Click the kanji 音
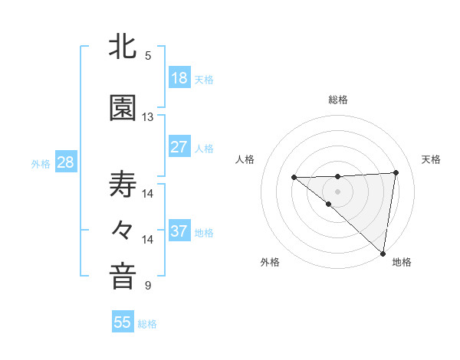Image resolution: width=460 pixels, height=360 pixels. (123, 277)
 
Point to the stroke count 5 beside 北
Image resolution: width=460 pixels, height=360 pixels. (148, 56)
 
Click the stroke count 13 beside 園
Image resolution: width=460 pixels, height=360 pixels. (148, 117)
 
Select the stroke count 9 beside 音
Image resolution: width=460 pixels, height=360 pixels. (148, 286)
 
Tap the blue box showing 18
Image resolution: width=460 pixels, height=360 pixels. (179, 78)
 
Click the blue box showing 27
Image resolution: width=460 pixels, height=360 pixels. (179, 146)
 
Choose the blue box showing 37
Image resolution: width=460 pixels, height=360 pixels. (179, 232)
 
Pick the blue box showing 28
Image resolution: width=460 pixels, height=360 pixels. (65, 163)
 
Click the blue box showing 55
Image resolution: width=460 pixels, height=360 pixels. (123, 322)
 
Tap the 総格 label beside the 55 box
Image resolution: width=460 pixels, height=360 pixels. (147, 324)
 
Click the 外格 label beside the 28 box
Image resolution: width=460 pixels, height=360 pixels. (41, 164)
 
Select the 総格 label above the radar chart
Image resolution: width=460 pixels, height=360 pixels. (337, 100)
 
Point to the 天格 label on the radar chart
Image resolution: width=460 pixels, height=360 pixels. (431, 159)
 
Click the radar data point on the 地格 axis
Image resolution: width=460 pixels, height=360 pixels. (383, 253)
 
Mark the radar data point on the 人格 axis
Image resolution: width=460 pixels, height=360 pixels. (294, 178)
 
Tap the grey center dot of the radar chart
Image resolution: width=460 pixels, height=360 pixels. (337, 191)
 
